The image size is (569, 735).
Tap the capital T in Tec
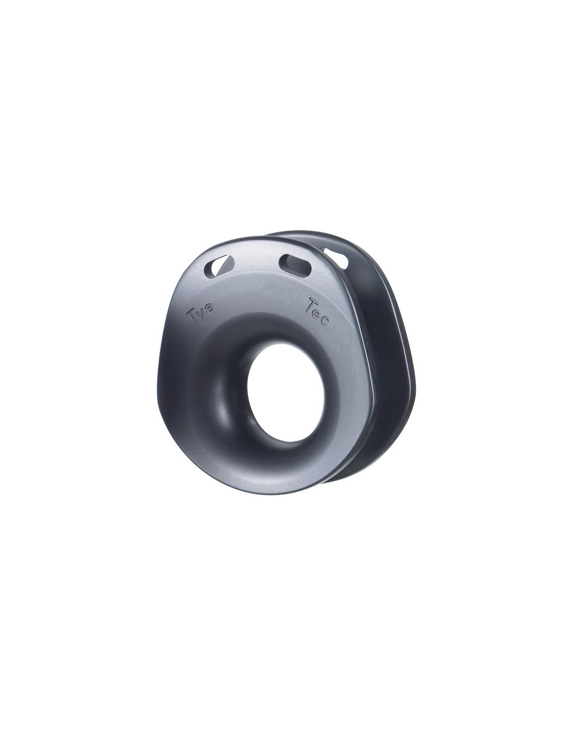pos(310,305)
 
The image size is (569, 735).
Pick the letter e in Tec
pos(318,313)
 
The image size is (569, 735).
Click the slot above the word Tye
pos(218,266)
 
